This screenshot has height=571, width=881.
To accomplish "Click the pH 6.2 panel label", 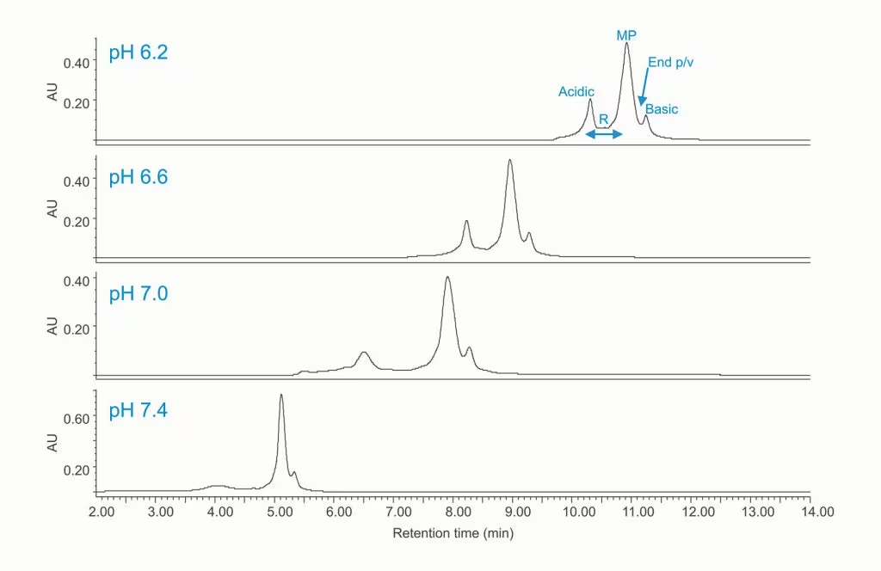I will [x=138, y=52].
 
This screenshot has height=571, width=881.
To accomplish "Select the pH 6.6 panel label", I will [x=138, y=178].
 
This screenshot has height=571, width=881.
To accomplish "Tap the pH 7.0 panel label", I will [x=138, y=294].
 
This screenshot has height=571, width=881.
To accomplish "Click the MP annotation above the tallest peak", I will [x=626, y=35].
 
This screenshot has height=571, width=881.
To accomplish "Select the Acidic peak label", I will [x=576, y=92].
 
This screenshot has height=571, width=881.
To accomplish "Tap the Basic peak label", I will [x=662, y=109].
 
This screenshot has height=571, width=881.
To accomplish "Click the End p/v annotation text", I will [x=669, y=62].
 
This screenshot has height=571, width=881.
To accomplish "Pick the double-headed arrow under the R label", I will [x=604, y=134].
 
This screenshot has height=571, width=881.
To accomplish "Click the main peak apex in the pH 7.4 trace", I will [x=281, y=396].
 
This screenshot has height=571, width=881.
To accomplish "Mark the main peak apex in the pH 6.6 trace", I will [x=510, y=160].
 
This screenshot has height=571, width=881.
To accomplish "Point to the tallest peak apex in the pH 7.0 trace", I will [x=447, y=277].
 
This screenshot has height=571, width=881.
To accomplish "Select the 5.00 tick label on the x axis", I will [x=280, y=513].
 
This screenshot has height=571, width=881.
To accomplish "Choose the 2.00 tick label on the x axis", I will [x=102, y=513].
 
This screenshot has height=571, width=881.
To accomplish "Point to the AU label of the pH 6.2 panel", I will [x=52, y=92].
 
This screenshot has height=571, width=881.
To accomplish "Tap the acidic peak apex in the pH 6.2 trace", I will [x=590, y=100].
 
